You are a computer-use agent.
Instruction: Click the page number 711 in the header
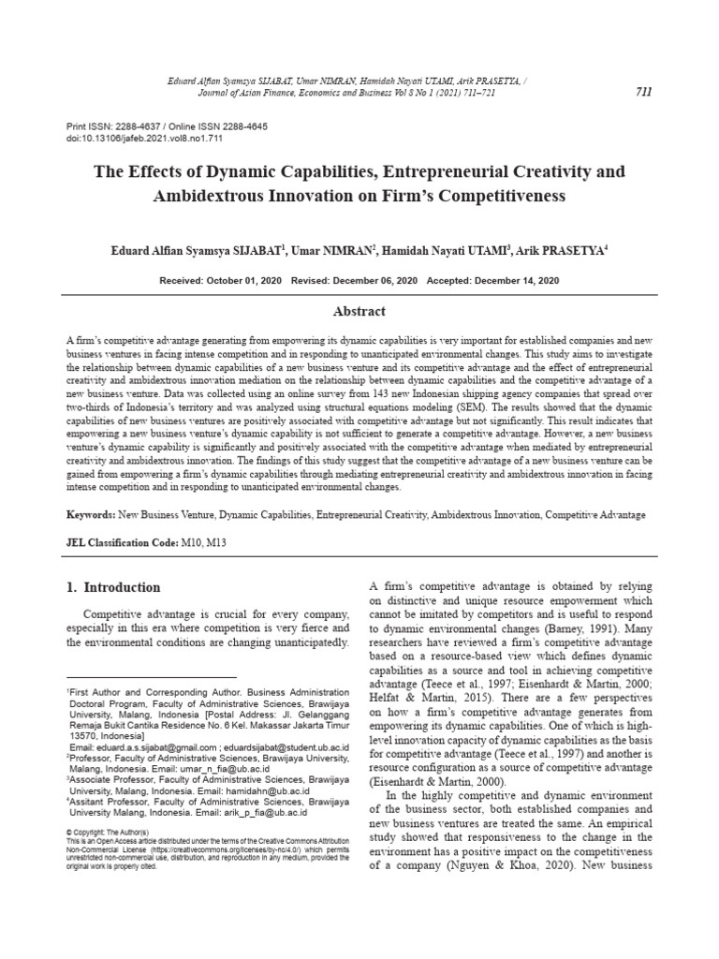(x=643, y=92)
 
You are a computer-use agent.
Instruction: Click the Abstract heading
(x=359, y=311)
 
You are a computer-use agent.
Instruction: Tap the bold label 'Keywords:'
(x=90, y=515)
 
